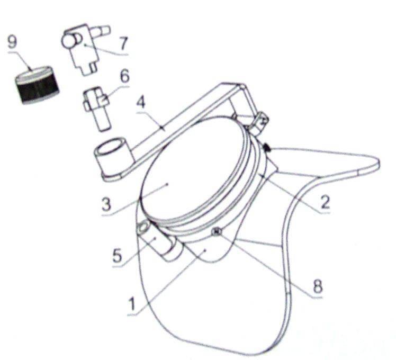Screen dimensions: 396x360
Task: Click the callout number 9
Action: click(x=12, y=42)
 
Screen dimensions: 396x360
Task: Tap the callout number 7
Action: click(x=123, y=44)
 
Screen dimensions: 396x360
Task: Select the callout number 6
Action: click(x=124, y=76)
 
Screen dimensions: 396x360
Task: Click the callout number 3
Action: click(x=106, y=204)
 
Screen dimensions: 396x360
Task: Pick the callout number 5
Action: click(x=117, y=255)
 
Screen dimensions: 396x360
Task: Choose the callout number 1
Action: click(x=132, y=303)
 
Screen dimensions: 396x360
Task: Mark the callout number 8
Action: click(x=318, y=286)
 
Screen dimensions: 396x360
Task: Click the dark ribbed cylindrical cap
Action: click(x=37, y=85)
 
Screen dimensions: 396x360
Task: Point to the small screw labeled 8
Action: click(x=217, y=231)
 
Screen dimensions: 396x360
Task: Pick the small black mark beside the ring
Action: click(x=266, y=147)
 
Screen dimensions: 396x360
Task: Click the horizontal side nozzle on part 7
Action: click(x=101, y=31)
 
